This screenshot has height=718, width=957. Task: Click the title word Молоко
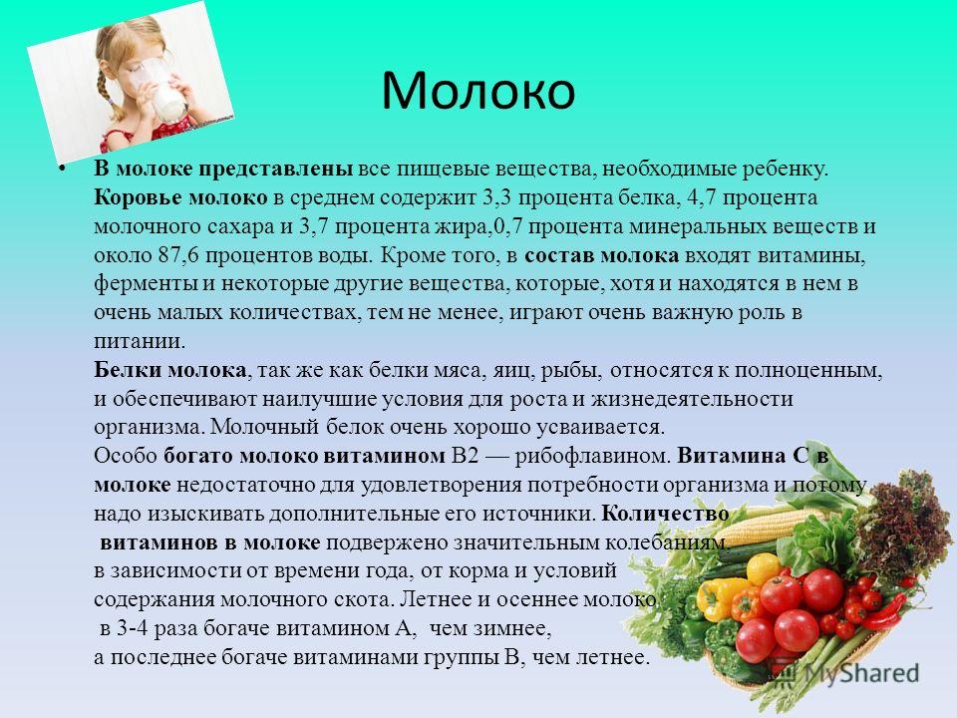pos(478,91)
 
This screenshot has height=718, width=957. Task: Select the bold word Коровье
pos(138,197)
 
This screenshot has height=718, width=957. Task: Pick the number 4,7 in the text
pos(702,198)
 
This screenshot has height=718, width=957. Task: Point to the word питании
pos(139,341)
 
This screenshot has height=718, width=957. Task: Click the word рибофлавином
pos(592,456)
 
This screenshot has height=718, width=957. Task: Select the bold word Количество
pos(665,514)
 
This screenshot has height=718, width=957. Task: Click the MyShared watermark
pos(845,673)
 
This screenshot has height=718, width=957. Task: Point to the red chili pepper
pos(884,613)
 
